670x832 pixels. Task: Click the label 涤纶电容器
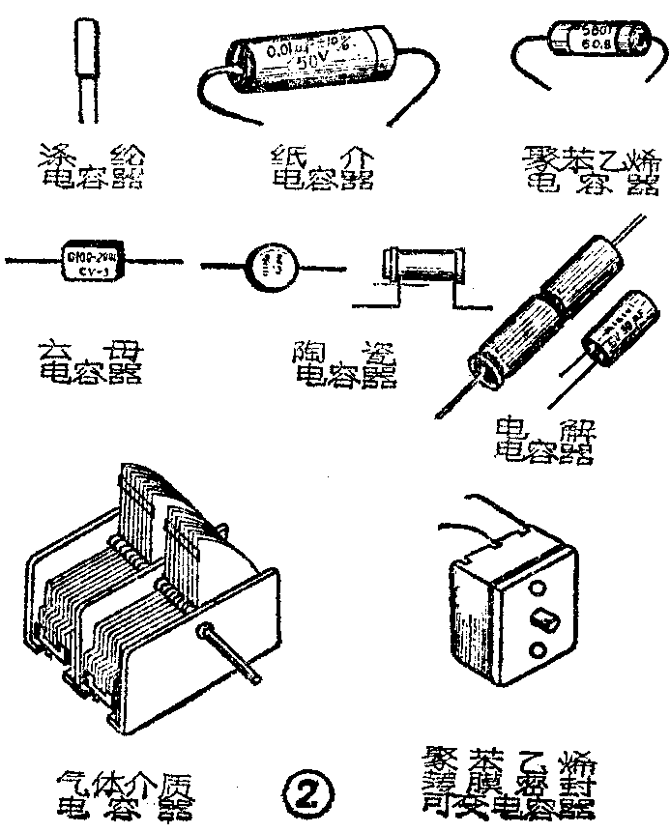[93, 165]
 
